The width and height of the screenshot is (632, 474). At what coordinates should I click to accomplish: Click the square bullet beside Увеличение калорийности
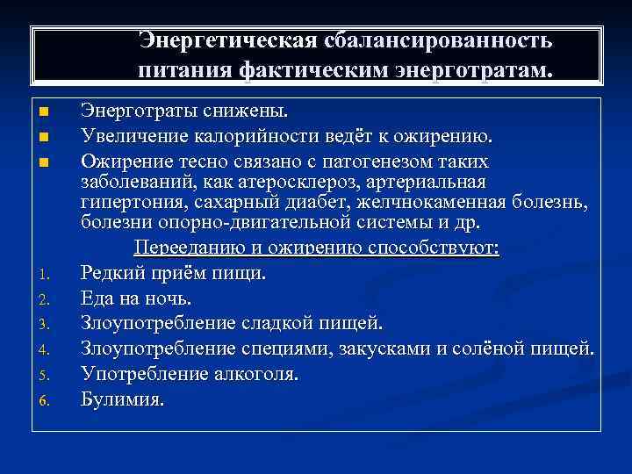click(x=44, y=138)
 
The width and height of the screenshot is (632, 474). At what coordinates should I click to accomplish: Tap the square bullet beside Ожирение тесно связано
click(x=44, y=162)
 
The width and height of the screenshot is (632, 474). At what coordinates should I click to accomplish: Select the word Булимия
click(x=122, y=399)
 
